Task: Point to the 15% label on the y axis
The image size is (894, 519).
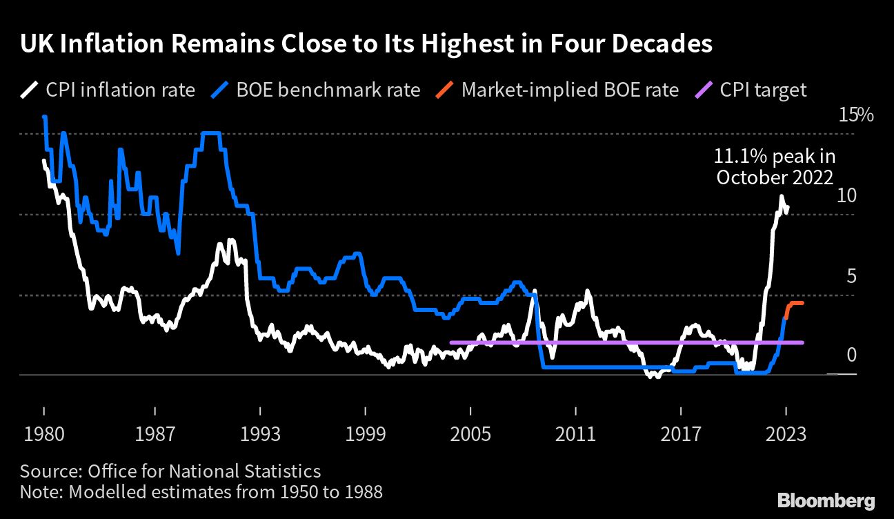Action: pyautogui.click(x=855, y=115)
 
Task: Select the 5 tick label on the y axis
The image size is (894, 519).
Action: pyautogui.click(x=851, y=276)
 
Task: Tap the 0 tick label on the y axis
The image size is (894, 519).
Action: pyautogui.click(x=851, y=355)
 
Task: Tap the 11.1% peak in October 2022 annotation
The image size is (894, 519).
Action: pyautogui.click(x=775, y=167)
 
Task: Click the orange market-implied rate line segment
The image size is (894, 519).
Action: pyautogui.click(x=795, y=303)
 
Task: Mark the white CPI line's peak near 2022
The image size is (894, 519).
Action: pyautogui.click(x=782, y=197)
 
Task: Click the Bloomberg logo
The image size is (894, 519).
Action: pyautogui.click(x=826, y=500)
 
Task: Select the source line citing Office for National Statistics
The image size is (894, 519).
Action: pyautogui.click(x=170, y=471)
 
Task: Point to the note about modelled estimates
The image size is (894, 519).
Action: pyautogui.click(x=201, y=492)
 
